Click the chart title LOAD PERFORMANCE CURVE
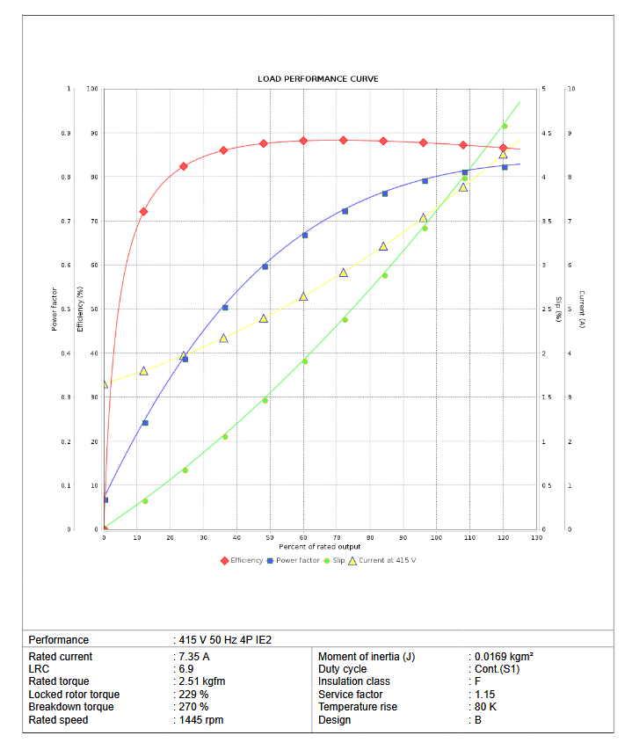click(318, 79)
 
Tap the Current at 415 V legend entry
click(386, 560)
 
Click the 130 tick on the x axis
click(536, 537)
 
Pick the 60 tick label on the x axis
click(303, 537)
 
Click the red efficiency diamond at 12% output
click(143, 212)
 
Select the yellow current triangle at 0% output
click(104, 384)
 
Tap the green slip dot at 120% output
click(504, 126)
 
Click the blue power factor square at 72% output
click(345, 211)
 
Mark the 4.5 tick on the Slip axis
click(547, 134)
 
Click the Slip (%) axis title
click(558, 308)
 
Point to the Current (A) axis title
click(583, 309)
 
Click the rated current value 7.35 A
click(193, 657)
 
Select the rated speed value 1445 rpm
click(200, 720)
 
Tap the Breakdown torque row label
click(71, 707)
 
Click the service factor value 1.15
click(487, 695)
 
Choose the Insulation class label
click(353, 681)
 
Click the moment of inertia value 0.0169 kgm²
click(504, 657)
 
